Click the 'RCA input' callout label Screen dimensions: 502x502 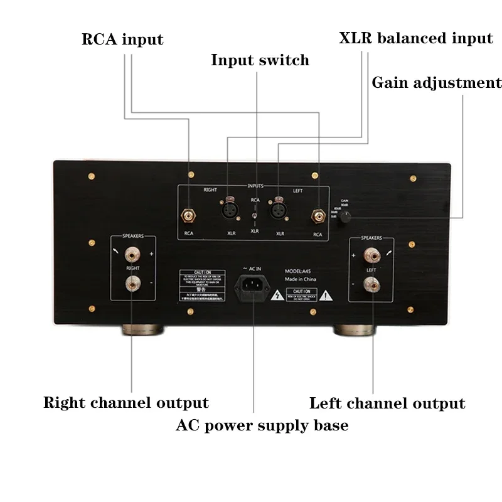pos(122,40)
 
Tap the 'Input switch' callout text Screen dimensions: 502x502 pos(260,60)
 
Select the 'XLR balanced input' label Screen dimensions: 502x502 pos(415,38)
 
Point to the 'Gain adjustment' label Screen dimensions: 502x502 pos(437,83)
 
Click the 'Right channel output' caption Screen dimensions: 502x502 pos(125,402)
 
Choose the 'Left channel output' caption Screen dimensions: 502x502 pos(387,403)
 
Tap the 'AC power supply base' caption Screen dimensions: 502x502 pos(262,425)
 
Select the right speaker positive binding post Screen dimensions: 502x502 pos(132,255)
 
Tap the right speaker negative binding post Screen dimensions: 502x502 pos(132,285)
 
